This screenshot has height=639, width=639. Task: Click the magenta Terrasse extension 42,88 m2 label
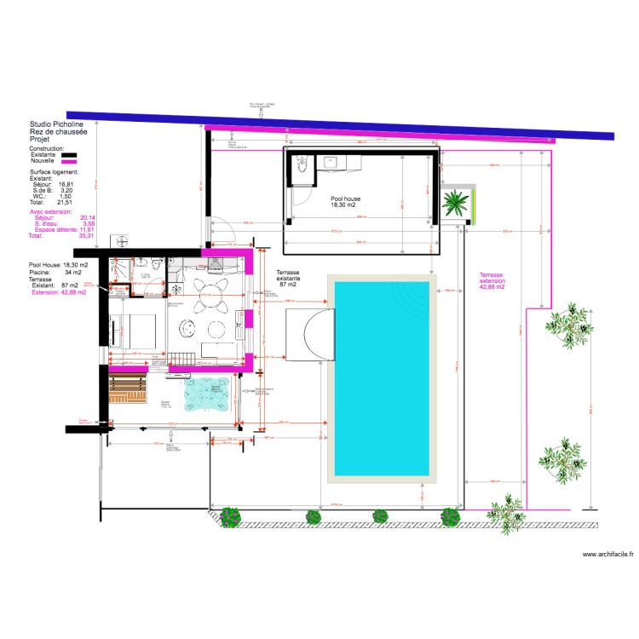click(492, 281)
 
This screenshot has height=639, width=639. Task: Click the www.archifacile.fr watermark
click(608, 555)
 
